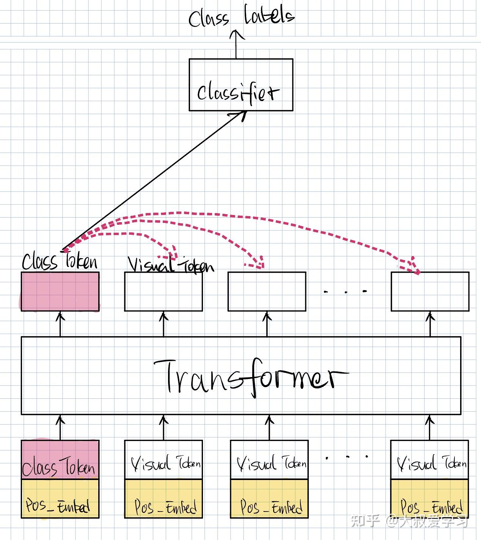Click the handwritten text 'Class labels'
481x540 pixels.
[x=241, y=17]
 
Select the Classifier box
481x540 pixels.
[x=241, y=85]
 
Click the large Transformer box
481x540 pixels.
[x=241, y=375]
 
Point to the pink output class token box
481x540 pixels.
[x=60, y=292]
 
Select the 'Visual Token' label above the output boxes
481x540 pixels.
[x=171, y=265]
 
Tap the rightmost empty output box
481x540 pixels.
[x=430, y=292]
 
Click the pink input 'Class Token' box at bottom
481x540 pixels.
[x=60, y=459]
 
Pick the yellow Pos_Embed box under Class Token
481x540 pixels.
[x=60, y=499]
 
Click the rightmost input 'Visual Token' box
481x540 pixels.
[x=429, y=460]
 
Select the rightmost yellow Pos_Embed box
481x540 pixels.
[x=429, y=499]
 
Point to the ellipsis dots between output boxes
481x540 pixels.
[x=345, y=292]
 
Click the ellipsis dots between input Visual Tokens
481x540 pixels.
[x=347, y=456]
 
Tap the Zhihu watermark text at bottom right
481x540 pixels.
[x=410, y=521]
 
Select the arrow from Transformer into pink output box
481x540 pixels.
[x=60, y=324]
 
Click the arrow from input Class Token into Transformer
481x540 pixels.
[x=60, y=427]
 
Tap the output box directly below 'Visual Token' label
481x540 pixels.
[x=163, y=292]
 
